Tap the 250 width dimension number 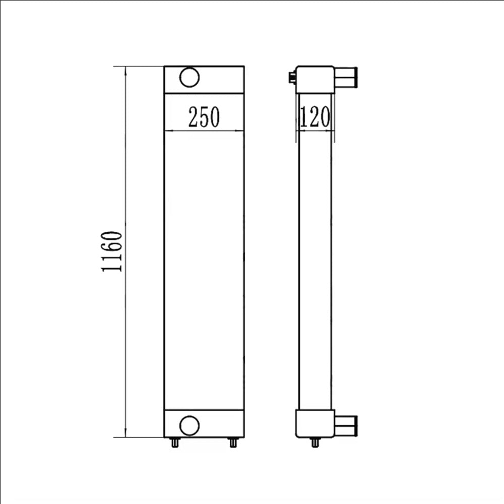pos(204,117)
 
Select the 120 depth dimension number pos(315,117)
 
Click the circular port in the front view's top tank pos(190,77)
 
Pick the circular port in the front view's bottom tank pos(190,425)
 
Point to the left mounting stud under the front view pos(174,443)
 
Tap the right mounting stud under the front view pos(232,443)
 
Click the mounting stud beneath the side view pos(315,443)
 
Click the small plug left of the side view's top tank pos(292,77)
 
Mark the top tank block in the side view pos(315,79)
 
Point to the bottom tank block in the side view pos(315,423)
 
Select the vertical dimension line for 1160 pos(125,328)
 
